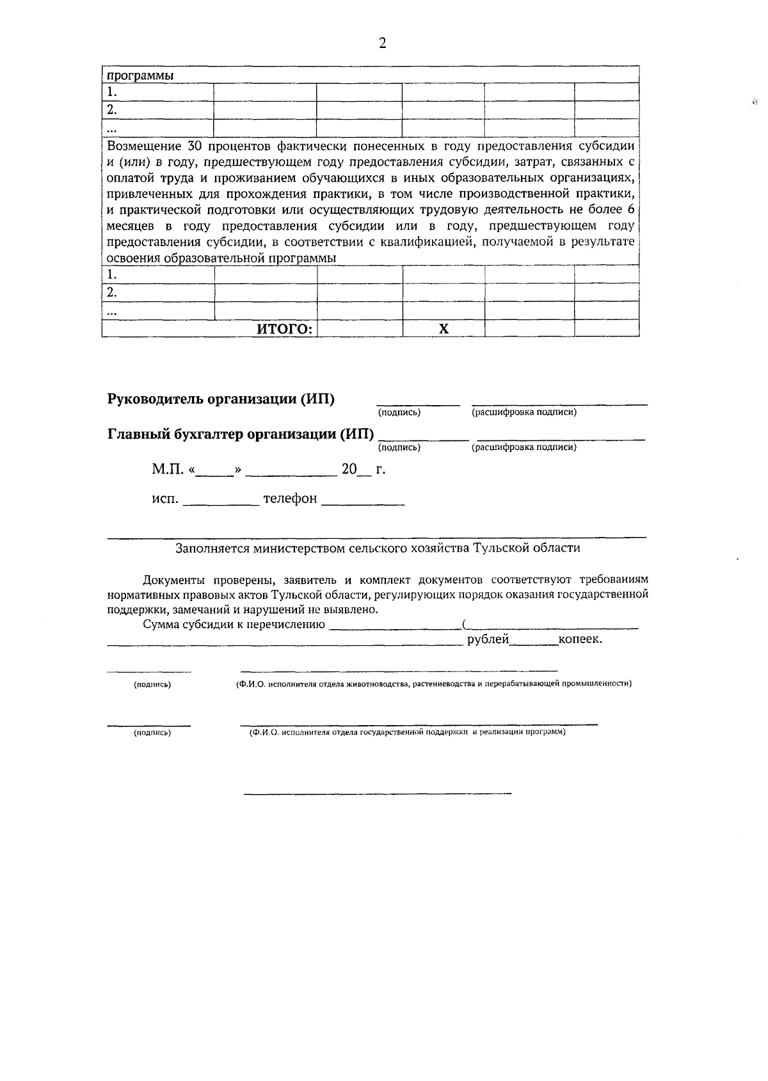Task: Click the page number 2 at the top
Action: click(x=383, y=44)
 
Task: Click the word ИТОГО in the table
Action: click(x=285, y=329)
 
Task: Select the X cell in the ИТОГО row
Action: click(x=444, y=329)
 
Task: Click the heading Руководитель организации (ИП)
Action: click(x=221, y=399)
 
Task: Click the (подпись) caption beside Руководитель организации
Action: click(x=399, y=413)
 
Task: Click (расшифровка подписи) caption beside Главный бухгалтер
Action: click(x=524, y=447)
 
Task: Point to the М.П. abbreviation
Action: click(x=168, y=470)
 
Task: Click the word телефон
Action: click(x=290, y=499)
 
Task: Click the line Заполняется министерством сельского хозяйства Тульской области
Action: click(x=378, y=549)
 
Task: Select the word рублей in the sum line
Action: click(x=488, y=639)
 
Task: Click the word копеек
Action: click(x=580, y=639)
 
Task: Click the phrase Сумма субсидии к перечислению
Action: click(x=234, y=625)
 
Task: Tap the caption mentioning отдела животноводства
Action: click(x=434, y=684)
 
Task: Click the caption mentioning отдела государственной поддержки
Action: click(x=407, y=732)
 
